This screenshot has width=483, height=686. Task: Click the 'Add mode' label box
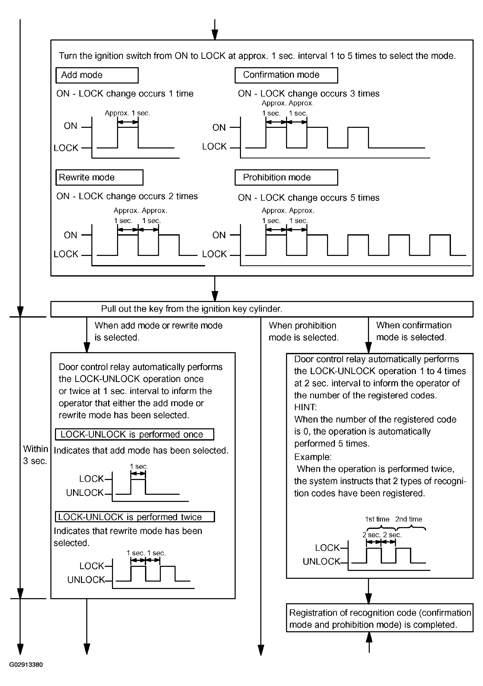97,75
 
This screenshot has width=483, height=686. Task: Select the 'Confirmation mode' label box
286,75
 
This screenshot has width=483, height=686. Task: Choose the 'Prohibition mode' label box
286,177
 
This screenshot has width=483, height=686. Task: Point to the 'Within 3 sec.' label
35,455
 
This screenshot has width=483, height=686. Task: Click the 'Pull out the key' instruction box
262,309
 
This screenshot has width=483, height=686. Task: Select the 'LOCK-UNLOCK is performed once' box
134,434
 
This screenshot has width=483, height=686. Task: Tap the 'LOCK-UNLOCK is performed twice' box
135,517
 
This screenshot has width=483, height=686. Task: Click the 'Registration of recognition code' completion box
379,619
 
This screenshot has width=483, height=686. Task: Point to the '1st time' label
377,519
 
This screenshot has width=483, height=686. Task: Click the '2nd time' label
408,519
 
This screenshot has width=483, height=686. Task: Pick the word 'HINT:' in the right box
305,407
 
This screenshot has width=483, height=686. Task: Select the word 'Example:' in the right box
313,457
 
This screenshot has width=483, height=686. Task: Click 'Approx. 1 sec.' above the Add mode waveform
127,113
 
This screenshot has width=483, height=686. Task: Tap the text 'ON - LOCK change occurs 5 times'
308,198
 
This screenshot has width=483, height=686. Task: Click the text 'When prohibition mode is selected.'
303,331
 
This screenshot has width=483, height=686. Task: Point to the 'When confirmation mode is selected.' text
414,331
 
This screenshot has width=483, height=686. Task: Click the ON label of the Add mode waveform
70,126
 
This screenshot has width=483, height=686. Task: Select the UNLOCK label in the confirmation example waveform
321,562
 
